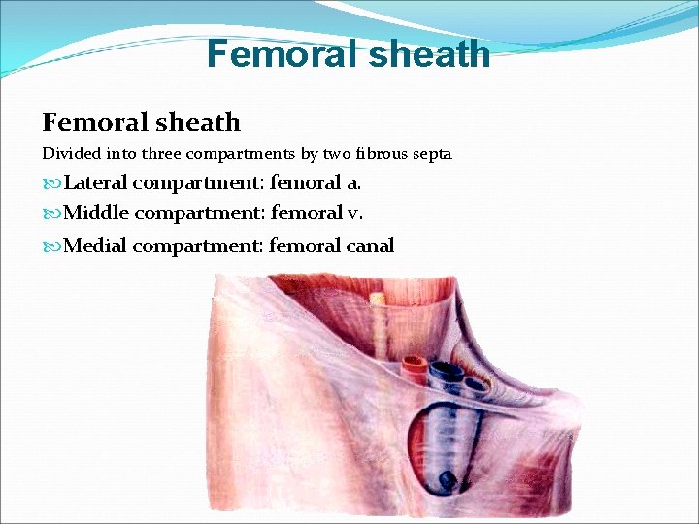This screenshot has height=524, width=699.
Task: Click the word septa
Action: (431, 153)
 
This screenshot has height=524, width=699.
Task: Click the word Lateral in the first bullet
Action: (95, 182)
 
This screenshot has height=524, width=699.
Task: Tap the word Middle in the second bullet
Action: (95, 213)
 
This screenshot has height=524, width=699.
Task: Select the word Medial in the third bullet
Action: (95, 245)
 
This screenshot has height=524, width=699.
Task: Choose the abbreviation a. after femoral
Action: (339, 182)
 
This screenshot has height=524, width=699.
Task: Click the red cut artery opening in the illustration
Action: (413, 367)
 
